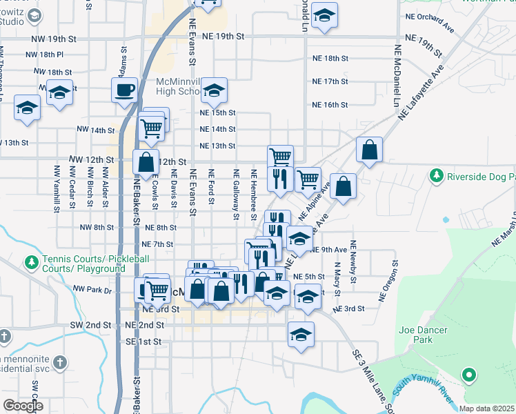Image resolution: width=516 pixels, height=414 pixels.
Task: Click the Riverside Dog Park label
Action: pyautogui.click(x=481, y=176)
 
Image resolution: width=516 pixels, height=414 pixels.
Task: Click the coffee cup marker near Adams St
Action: pyautogui.click(x=125, y=90)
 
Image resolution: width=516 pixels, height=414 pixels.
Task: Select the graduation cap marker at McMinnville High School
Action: pyautogui.click(x=215, y=90)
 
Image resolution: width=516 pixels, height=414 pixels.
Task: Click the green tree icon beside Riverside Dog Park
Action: pyautogui.click(x=436, y=176)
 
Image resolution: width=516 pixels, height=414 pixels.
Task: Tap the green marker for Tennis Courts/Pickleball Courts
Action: pyautogui.click(x=31, y=263)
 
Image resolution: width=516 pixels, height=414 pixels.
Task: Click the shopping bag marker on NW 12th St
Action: pyautogui.click(x=146, y=164)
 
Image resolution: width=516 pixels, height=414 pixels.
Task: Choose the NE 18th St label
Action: pyautogui.click(x=330, y=59)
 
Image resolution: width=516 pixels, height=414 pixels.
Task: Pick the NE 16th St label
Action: pyautogui.click(x=330, y=105)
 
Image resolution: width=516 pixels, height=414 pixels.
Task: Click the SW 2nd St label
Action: pyautogui.click(x=90, y=324)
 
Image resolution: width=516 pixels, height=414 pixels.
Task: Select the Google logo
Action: pyautogui.click(x=23, y=405)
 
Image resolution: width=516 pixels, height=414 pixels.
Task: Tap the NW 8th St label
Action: pyautogui.click(x=96, y=227)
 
